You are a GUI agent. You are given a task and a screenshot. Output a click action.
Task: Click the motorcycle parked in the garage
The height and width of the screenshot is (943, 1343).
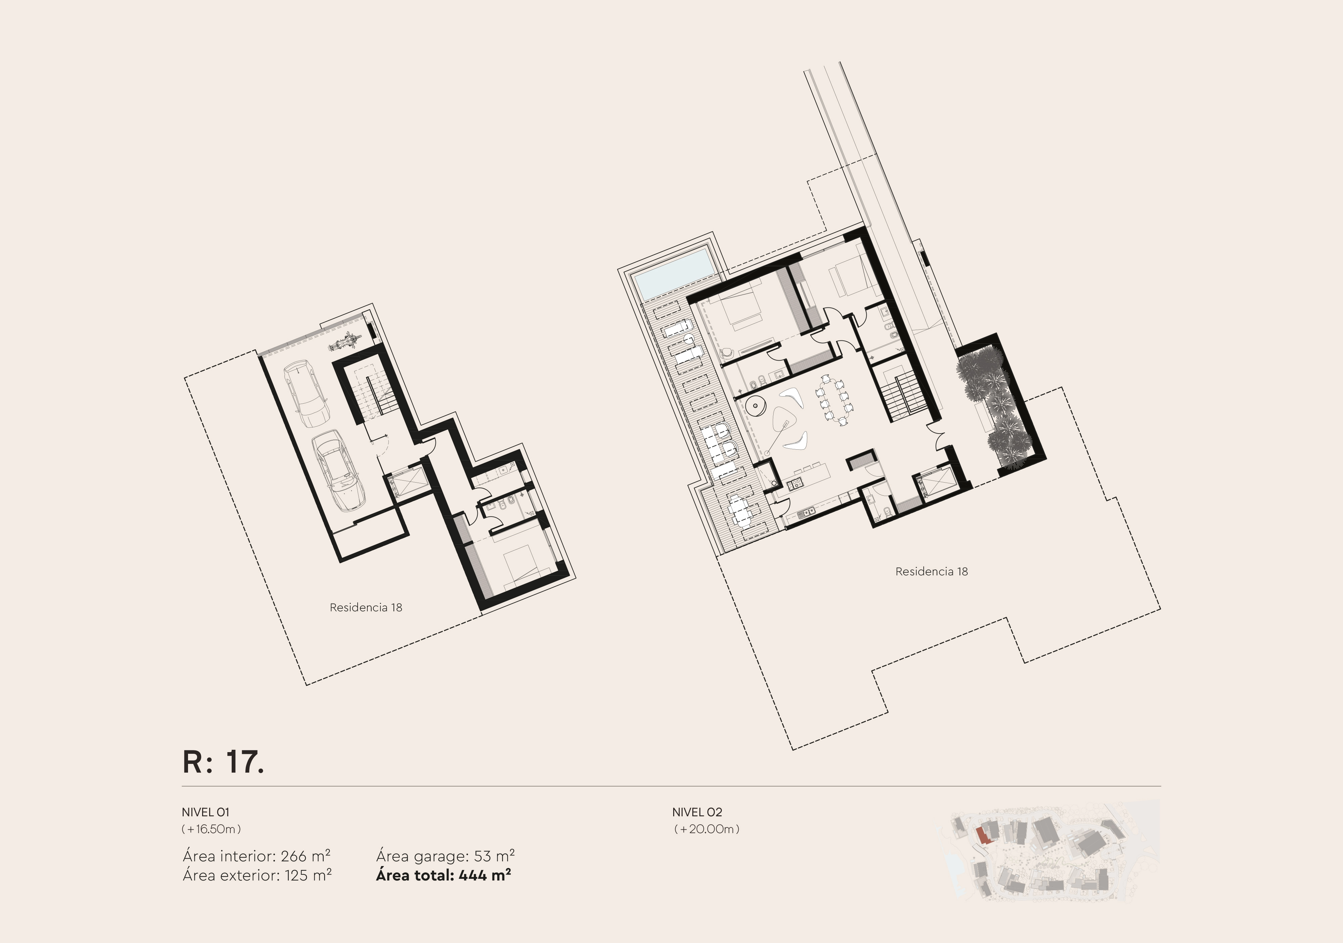pyautogui.click(x=345, y=341)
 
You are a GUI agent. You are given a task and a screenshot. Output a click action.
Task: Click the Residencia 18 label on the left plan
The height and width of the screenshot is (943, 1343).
pyautogui.click(x=366, y=608)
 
